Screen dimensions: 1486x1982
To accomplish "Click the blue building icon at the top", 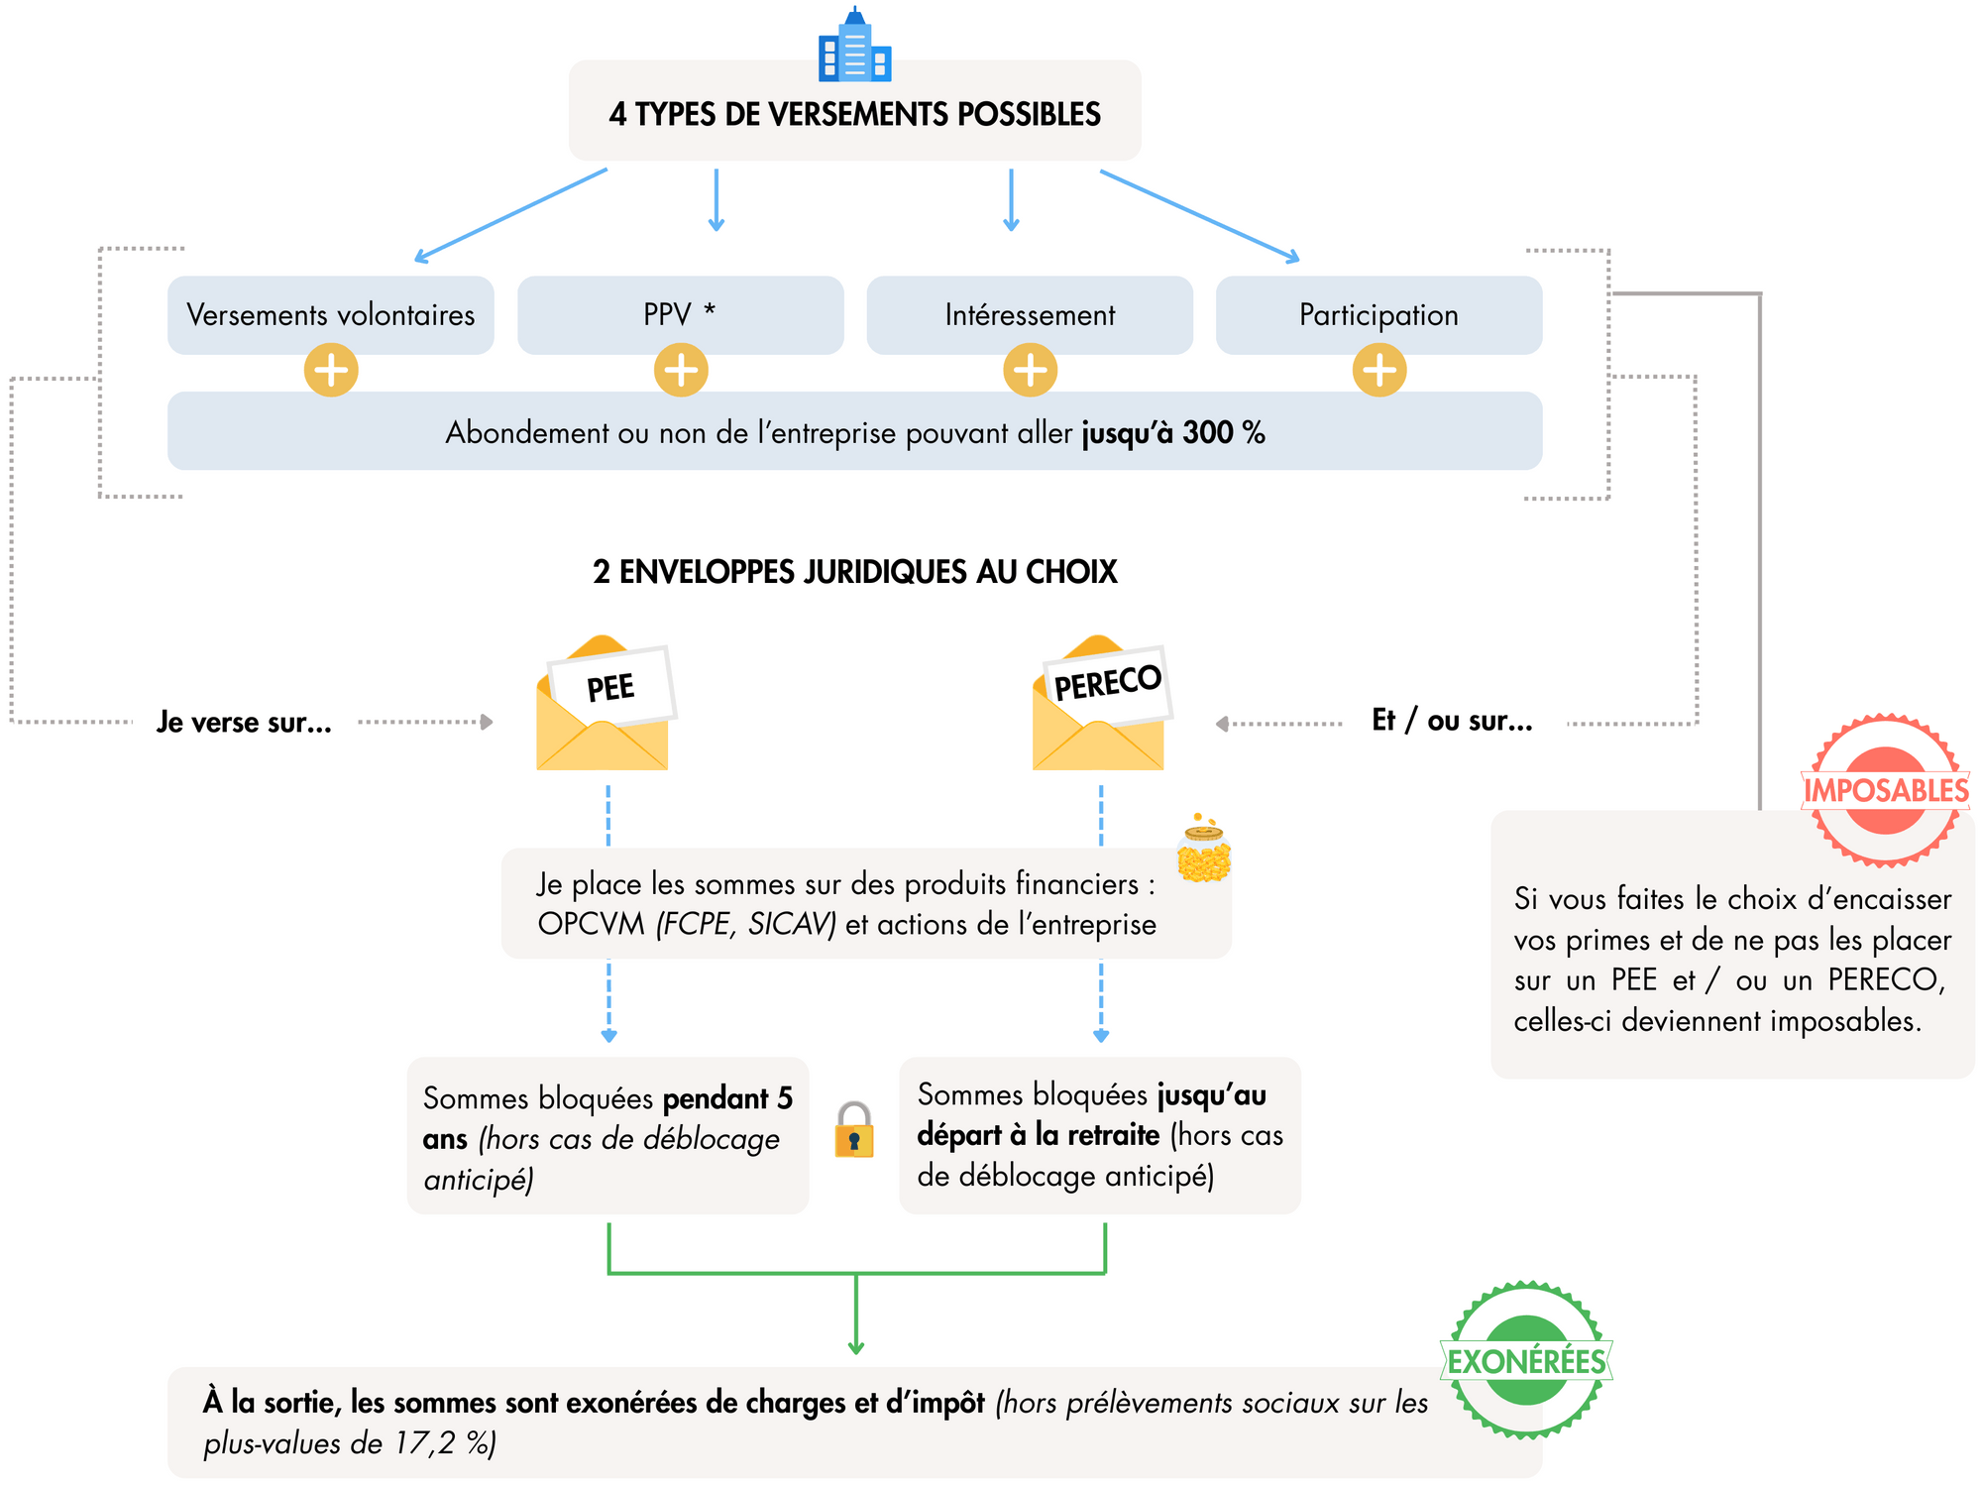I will (854, 47).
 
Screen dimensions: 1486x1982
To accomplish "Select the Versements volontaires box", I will (330, 314).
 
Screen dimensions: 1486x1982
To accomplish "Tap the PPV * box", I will (680, 314).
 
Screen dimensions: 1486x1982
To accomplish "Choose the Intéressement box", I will (1030, 314).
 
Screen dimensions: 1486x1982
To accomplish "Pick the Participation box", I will (1378, 314).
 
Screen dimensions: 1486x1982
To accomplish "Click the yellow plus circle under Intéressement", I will (1030, 371).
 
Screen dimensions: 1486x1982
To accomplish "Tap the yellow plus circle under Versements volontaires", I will (331, 371).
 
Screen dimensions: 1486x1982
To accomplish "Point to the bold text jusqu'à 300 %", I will (1172, 433).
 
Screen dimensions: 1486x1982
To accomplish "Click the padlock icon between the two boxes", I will (853, 1131).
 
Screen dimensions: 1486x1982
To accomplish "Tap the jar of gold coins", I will (1203, 850).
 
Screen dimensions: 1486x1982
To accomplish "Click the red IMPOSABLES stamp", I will (1885, 790).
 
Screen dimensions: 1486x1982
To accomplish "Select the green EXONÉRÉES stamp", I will (1526, 1360).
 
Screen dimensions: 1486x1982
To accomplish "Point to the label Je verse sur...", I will (244, 723).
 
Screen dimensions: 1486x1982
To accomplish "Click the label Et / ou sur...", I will (1452, 721).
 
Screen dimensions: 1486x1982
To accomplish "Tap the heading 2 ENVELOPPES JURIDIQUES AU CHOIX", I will (854, 572).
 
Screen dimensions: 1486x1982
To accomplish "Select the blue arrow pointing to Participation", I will (1199, 216).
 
